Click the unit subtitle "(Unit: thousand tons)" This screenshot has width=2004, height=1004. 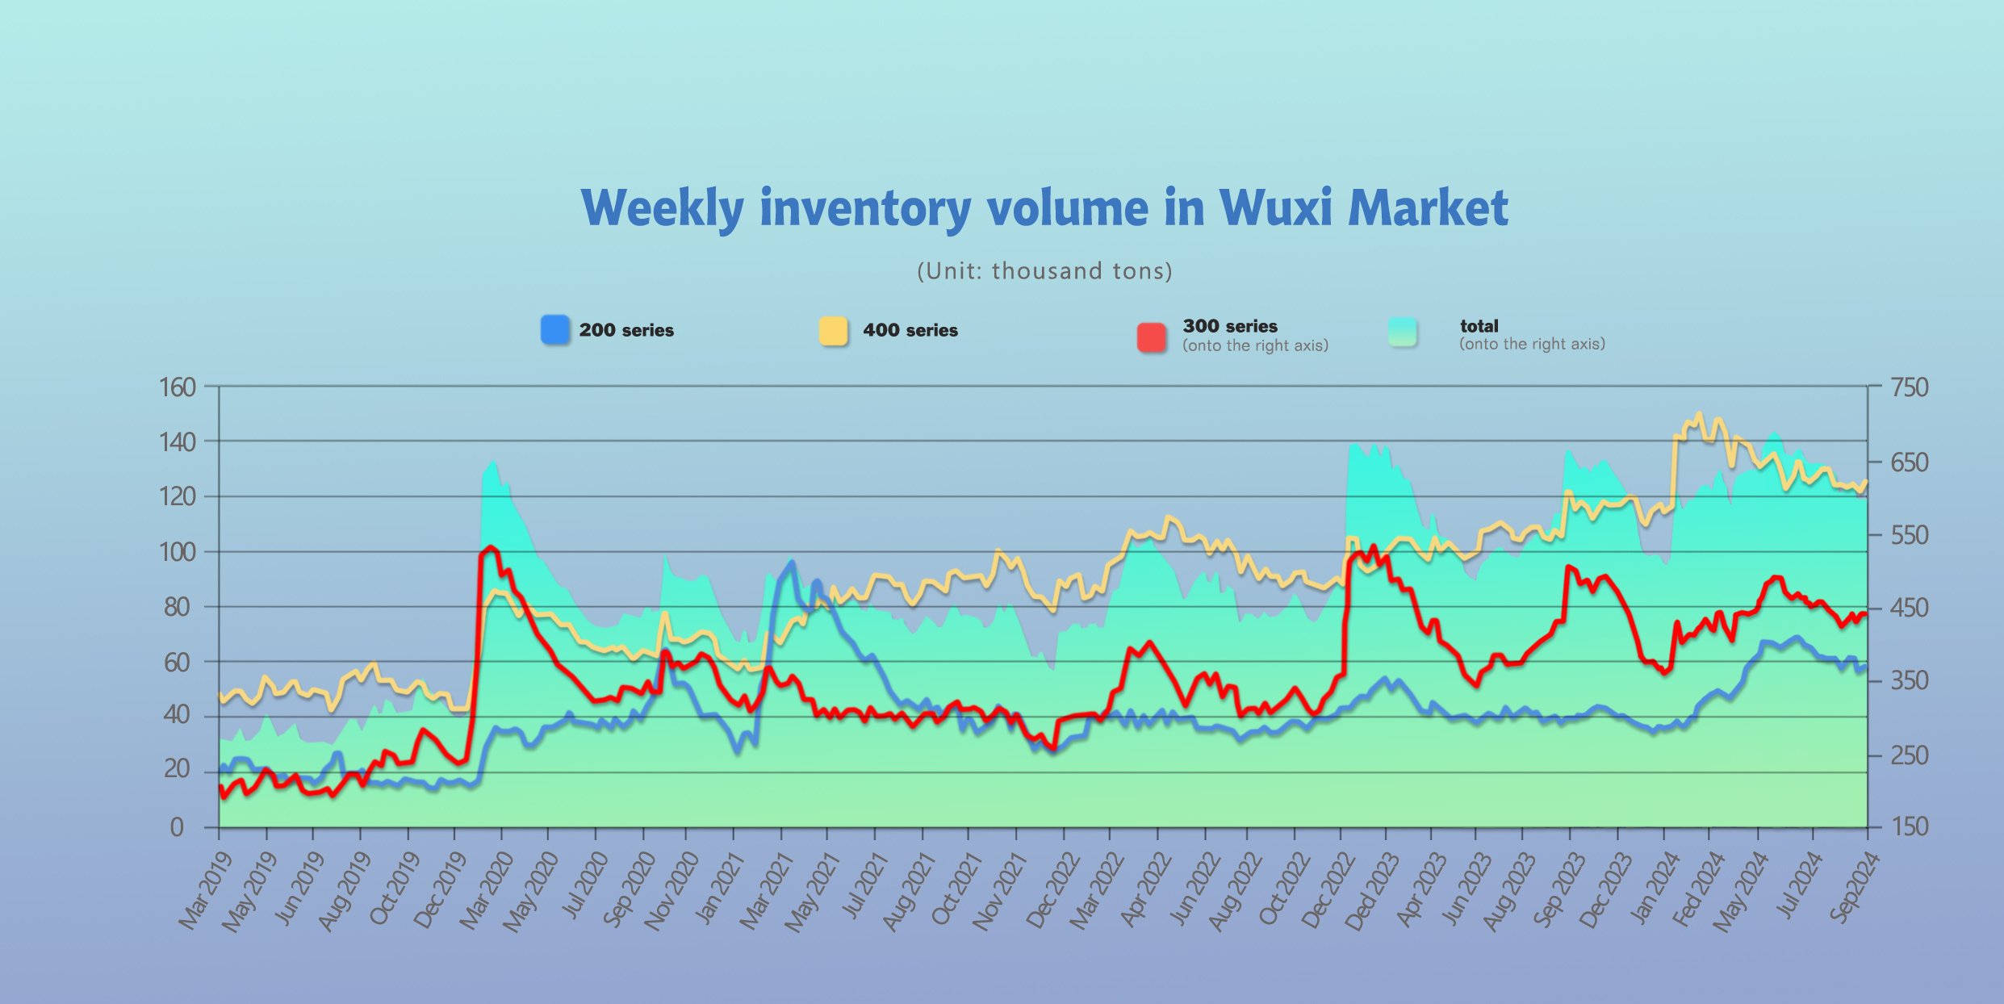coord(1044,270)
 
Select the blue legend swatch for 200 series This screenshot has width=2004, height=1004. coord(555,330)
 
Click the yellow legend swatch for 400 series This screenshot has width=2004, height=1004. coord(834,331)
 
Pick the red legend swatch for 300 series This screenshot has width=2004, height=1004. coord(1152,337)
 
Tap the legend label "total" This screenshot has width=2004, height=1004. coord(1479,326)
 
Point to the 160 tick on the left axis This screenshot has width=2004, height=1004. coord(178,387)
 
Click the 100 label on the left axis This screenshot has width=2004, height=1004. coord(178,552)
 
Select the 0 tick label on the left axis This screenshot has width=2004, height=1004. coord(177,826)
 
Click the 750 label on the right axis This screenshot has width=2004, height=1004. coord(1910,387)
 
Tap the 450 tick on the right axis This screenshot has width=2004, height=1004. coord(1910,607)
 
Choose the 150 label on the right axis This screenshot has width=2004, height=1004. coord(1910,826)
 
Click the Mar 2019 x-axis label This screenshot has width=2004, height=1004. coord(206,889)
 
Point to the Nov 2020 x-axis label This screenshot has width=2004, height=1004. coord(671,889)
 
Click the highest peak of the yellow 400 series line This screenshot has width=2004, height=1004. coord(1699,414)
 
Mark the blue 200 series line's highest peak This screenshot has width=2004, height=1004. coord(792,563)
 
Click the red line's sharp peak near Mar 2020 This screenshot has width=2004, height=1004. coord(491,547)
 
